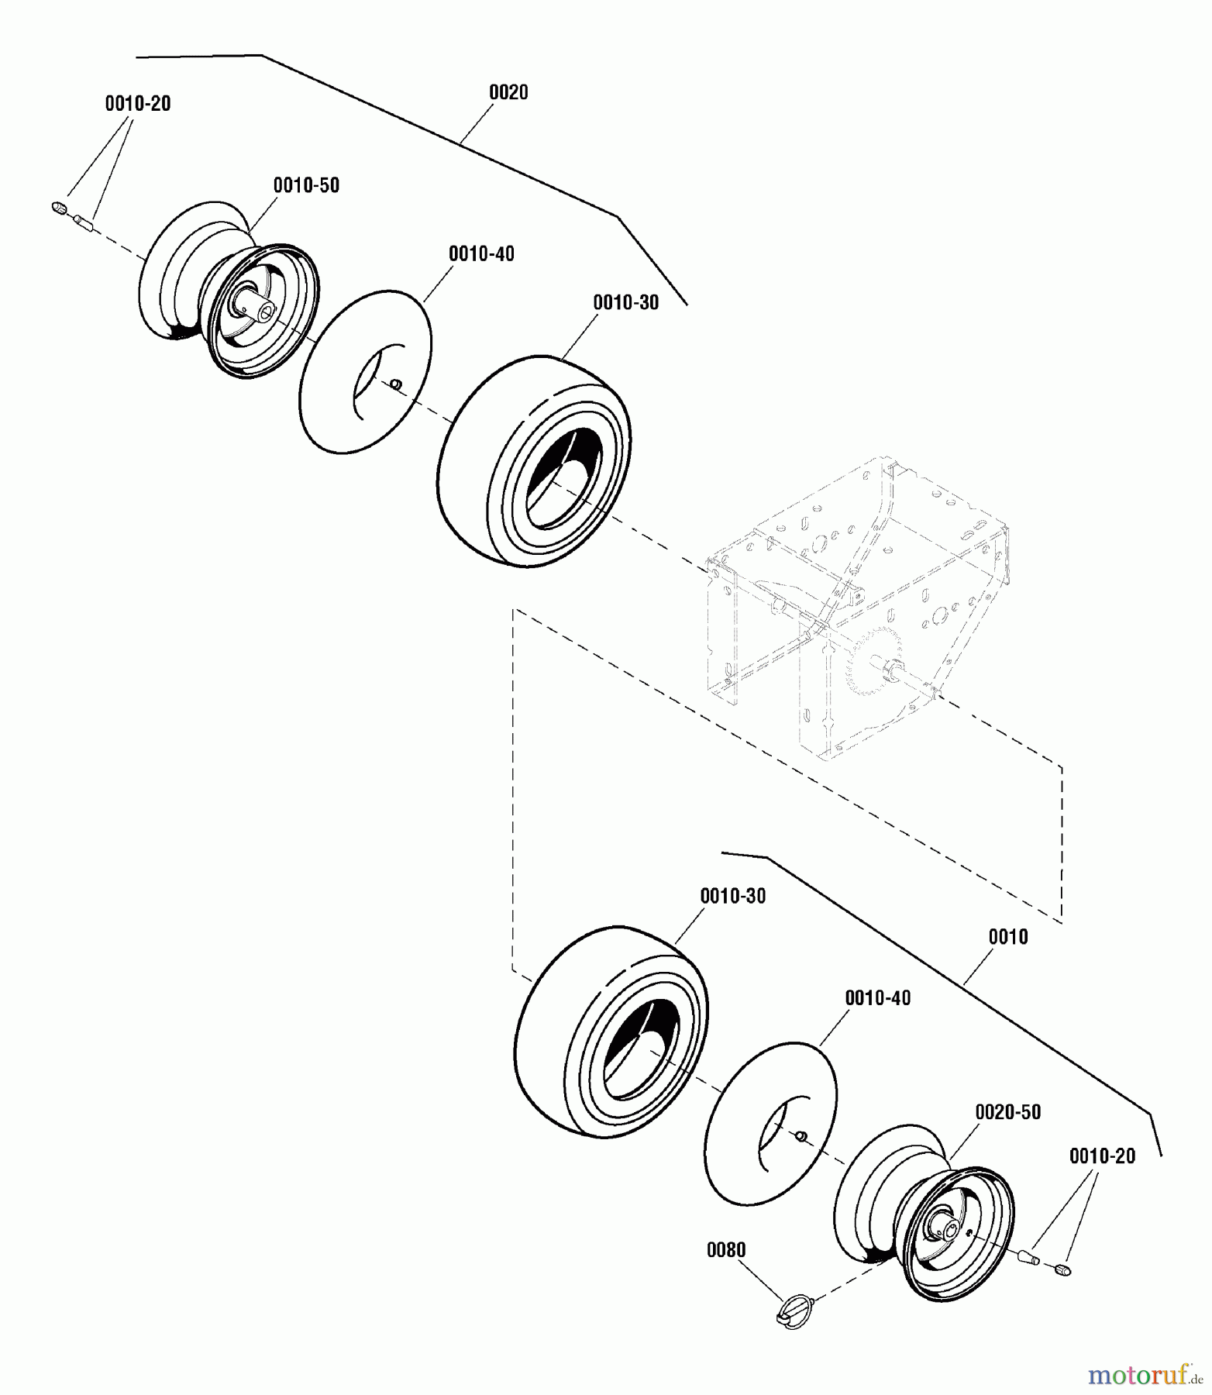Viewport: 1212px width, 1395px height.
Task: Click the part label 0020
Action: pos(508,92)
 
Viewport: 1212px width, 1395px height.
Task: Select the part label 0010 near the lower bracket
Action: pos(1007,936)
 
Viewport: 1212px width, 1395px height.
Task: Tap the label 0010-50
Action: pos(306,185)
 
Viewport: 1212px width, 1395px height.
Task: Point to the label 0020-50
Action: pos(1007,1111)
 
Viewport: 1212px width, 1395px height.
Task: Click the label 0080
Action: pos(726,1249)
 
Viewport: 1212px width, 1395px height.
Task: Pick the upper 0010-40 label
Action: pos(481,253)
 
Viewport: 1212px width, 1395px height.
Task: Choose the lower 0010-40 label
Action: pos(877,997)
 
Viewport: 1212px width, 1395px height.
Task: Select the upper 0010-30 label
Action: pos(625,302)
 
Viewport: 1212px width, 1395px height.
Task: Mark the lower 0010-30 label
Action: pos(732,896)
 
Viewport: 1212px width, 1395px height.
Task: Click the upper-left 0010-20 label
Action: pos(138,103)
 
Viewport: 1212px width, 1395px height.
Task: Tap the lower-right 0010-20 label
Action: pos(1102,1156)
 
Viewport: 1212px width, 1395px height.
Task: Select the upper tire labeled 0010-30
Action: pos(535,461)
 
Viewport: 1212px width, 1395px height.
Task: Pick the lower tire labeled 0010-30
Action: pos(612,1031)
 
